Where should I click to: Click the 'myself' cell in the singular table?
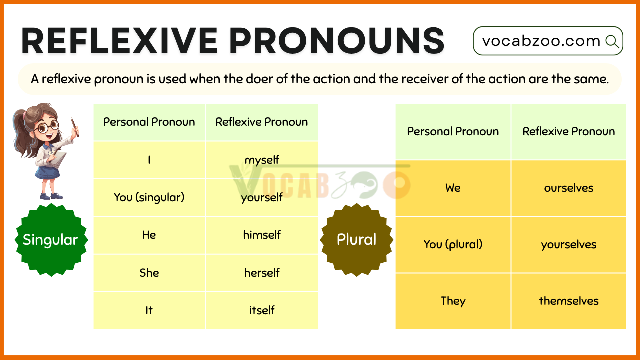(x=261, y=160)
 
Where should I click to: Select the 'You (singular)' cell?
(x=149, y=197)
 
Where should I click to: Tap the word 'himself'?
(x=262, y=235)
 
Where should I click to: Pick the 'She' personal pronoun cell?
(x=149, y=273)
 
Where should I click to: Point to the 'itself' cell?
(x=261, y=310)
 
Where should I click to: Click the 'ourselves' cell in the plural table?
(x=569, y=188)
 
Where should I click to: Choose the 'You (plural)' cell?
(x=453, y=245)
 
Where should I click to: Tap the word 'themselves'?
(x=569, y=301)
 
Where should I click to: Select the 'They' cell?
(x=453, y=301)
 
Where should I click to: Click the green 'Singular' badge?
(x=51, y=240)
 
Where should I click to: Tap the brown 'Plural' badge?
(x=356, y=240)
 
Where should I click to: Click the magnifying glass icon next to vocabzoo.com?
(x=612, y=41)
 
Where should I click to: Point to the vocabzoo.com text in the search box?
(x=541, y=41)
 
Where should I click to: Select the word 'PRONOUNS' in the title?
(x=337, y=41)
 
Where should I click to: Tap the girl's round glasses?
(x=47, y=127)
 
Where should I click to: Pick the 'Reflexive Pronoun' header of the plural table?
(x=569, y=131)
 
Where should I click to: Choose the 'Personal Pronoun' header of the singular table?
(x=149, y=122)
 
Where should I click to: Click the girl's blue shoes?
(x=51, y=196)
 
